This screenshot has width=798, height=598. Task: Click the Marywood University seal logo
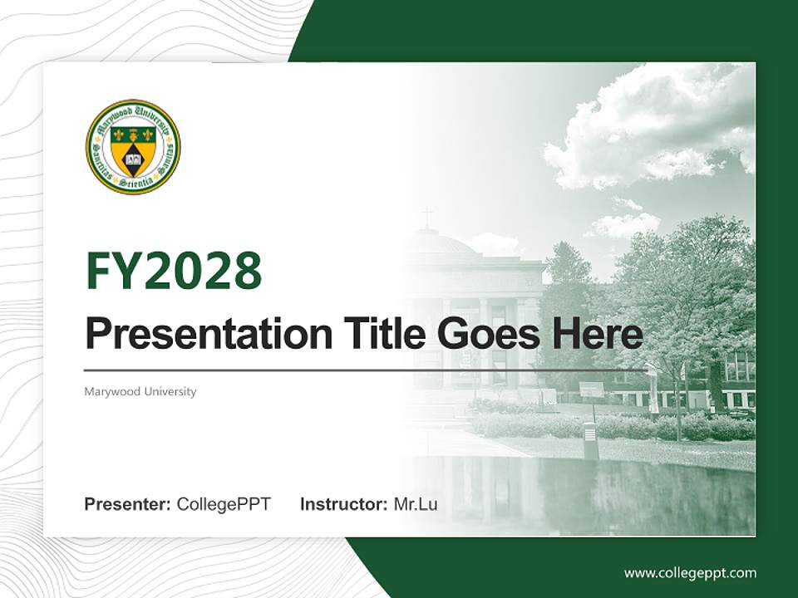(x=133, y=147)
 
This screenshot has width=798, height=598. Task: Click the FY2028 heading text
(x=174, y=271)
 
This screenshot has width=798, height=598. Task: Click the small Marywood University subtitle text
(x=140, y=391)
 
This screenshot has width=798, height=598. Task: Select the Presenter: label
(x=128, y=503)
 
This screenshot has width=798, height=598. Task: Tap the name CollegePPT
(x=224, y=503)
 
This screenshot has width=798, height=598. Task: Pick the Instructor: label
(x=343, y=503)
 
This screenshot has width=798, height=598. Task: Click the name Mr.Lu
(x=416, y=503)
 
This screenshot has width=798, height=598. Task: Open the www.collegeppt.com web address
(x=690, y=572)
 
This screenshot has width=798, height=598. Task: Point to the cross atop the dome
(x=427, y=218)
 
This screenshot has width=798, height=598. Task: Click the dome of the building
(x=436, y=243)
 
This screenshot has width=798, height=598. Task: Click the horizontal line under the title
(x=366, y=370)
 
